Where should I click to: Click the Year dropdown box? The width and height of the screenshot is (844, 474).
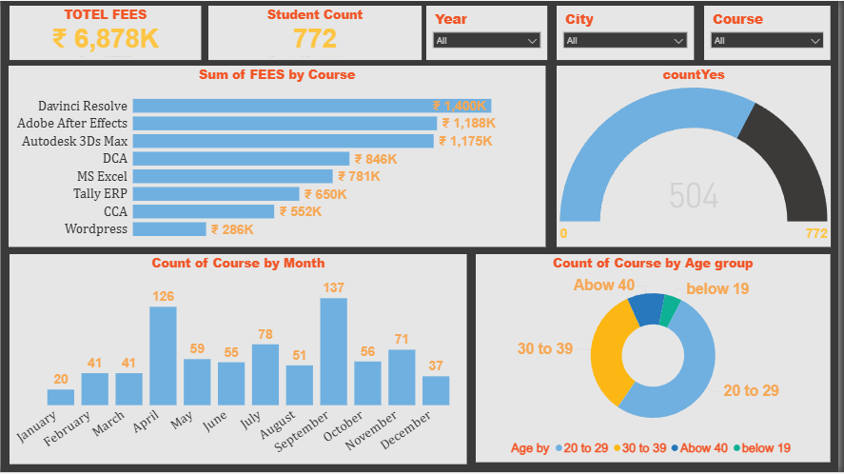click(486, 40)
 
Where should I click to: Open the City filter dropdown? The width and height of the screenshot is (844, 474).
click(625, 40)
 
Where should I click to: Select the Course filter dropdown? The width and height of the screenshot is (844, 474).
click(766, 40)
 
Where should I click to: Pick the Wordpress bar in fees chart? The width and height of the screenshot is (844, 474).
click(169, 229)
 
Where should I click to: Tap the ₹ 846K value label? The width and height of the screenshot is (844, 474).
click(376, 159)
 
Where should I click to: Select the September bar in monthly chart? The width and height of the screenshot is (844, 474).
click(333, 352)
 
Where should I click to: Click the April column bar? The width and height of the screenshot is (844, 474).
click(163, 356)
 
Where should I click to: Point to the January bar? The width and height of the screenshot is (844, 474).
click(61, 397)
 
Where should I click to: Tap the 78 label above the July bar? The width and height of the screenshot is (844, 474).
click(265, 334)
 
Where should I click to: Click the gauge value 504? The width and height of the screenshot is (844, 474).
click(693, 196)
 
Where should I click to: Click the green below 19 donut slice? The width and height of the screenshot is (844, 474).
click(670, 310)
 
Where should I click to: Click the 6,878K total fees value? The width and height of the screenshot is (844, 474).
click(106, 38)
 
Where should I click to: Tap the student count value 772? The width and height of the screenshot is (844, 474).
click(314, 38)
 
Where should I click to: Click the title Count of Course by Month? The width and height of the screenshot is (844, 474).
click(238, 264)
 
